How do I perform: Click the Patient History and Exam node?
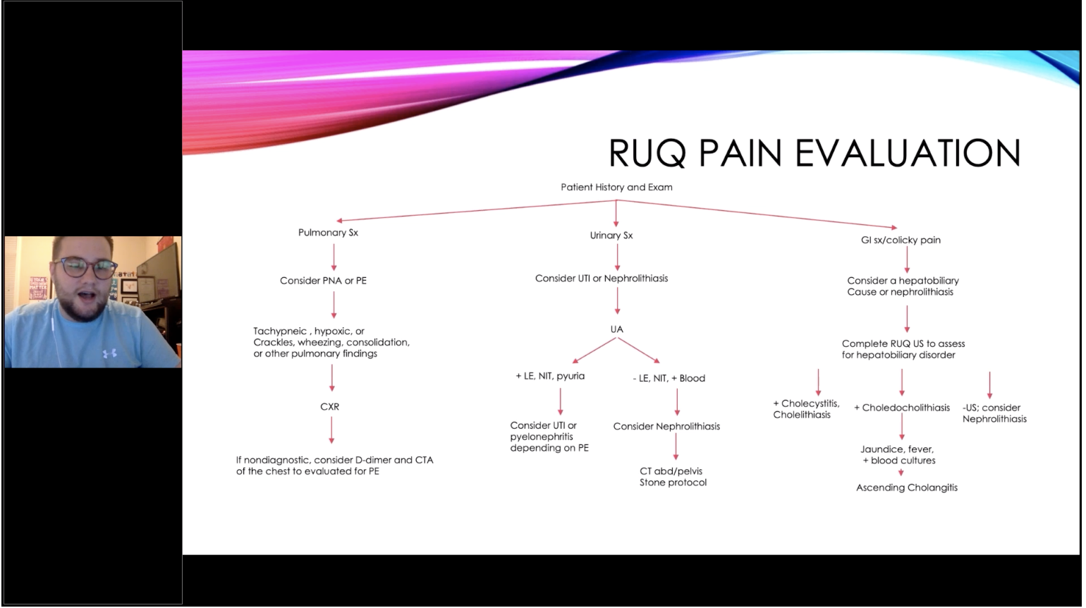point(616,187)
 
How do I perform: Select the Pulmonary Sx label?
point(328,233)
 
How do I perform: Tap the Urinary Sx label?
point(611,236)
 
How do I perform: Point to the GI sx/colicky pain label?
point(901,240)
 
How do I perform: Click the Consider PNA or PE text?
point(324,281)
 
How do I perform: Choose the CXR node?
point(330,407)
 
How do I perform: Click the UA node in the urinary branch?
point(616,329)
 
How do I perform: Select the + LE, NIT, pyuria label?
point(550,376)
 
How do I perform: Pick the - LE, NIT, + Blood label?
point(669,379)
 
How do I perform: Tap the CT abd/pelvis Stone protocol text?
point(673,477)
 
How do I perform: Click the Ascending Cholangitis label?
point(907,488)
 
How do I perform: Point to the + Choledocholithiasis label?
point(902,408)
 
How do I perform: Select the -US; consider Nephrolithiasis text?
point(994,413)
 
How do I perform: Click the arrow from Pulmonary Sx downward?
point(334,257)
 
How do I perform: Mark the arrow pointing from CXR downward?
point(331,430)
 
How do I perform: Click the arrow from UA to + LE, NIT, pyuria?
point(594,351)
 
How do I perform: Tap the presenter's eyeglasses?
point(86,268)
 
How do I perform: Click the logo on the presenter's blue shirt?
point(109,353)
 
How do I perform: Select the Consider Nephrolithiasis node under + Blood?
point(666,427)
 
